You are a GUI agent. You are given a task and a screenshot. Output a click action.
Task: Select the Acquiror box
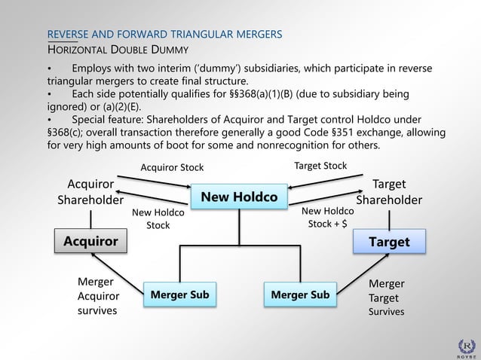tap(90, 241)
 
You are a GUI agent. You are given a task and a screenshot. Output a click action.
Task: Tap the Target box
tap(389, 241)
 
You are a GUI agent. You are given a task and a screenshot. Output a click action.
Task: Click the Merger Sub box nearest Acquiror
tap(179, 294)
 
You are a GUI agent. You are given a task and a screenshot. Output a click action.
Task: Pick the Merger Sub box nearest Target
tap(299, 294)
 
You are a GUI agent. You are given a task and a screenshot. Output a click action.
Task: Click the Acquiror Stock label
tap(172, 167)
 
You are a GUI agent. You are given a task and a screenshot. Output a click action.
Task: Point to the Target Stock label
tap(320, 166)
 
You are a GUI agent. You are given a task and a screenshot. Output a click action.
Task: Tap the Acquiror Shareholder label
tap(90, 192)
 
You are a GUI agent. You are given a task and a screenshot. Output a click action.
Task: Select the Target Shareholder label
tap(389, 192)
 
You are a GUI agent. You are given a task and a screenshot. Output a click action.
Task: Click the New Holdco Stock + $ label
tap(327, 218)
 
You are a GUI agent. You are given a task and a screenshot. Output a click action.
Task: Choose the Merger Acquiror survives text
tap(98, 296)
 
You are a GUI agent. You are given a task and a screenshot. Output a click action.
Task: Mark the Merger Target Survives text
tap(387, 297)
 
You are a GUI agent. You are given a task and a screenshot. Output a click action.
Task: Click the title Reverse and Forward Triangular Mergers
tap(165, 35)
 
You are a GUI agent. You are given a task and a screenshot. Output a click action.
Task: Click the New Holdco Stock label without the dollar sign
tap(158, 219)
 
